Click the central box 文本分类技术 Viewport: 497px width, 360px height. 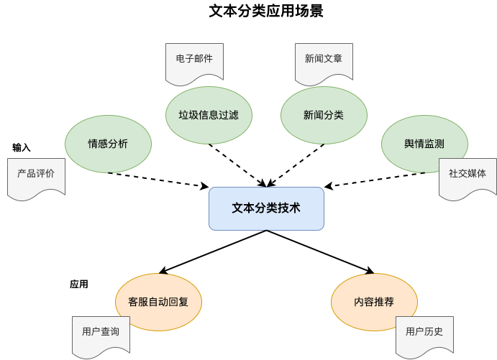(x=266, y=208)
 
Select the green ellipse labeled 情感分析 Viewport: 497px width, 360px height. (x=108, y=144)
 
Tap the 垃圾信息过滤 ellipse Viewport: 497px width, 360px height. (x=209, y=115)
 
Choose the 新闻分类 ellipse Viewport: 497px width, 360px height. (x=324, y=115)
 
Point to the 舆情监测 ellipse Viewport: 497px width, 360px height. (x=424, y=144)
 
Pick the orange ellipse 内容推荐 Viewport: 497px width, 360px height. (x=374, y=302)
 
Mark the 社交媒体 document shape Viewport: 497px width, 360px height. (x=468, y=175)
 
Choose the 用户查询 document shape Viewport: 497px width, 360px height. (x=101, y=333)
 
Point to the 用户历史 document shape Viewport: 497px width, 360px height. (x=424, y=333)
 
